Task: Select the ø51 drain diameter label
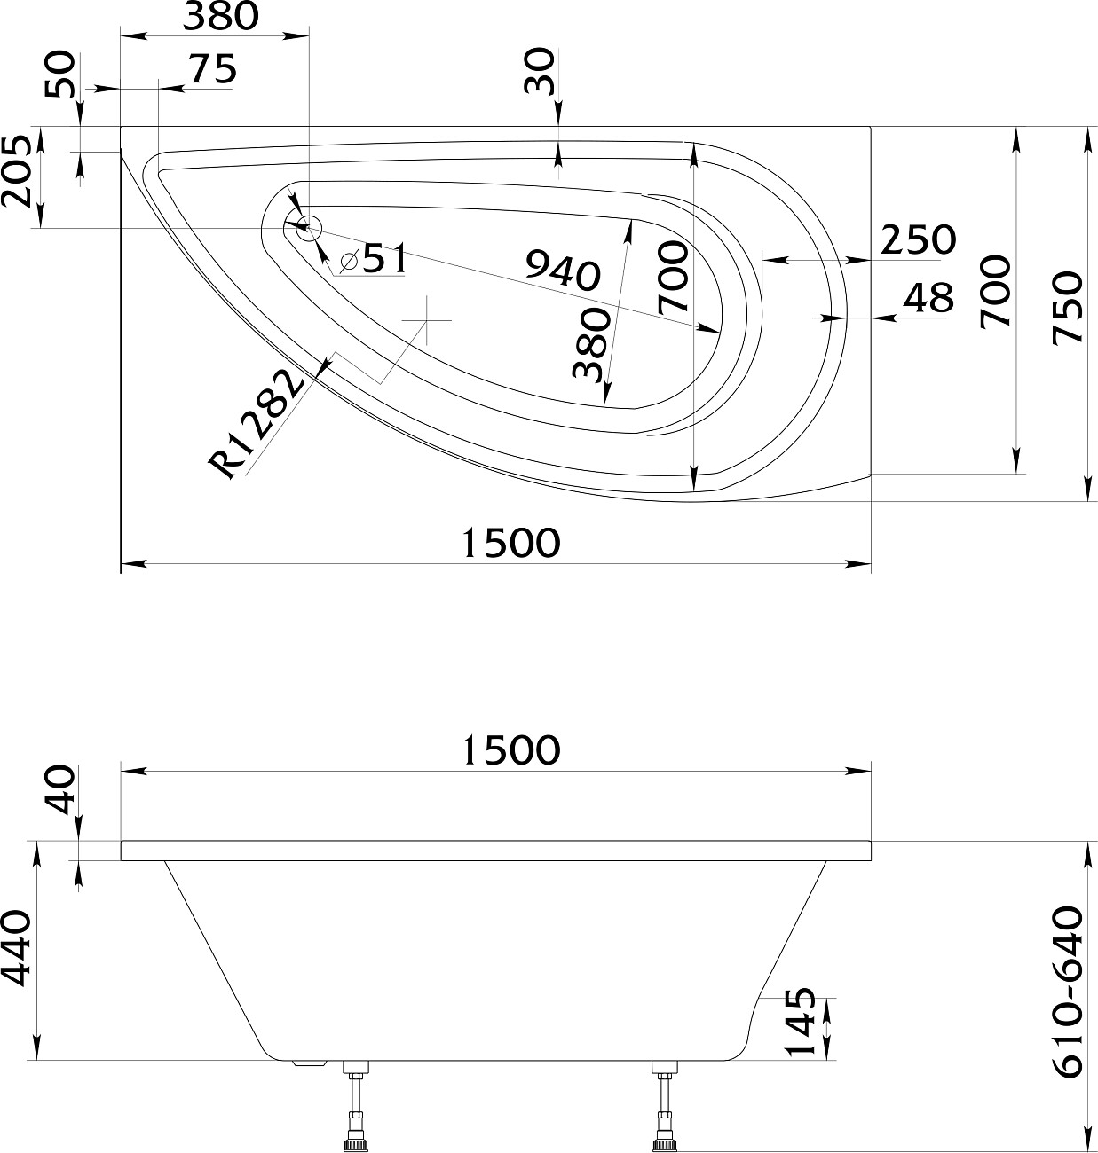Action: (374, 259)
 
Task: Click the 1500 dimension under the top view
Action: (511, 543)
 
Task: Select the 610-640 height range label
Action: (1068, 991)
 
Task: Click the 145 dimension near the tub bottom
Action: (802, 1021)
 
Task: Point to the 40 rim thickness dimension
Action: (60, 791)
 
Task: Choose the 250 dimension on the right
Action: (918, 239)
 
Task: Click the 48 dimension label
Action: (928, 299)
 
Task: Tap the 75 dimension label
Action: (211, 69)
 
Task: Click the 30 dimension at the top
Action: (540, 72)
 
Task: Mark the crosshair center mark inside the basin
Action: (427, 319)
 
